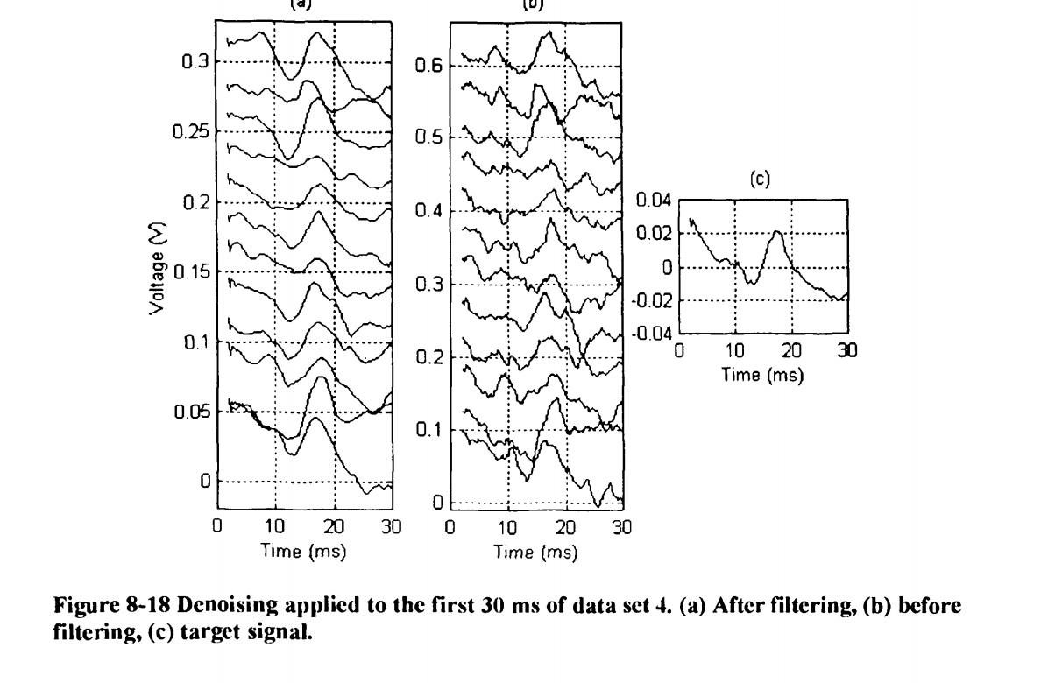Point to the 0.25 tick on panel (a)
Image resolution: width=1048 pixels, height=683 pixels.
(x=188, y=131)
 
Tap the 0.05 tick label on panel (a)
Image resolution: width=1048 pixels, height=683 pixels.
(x=188, y=412)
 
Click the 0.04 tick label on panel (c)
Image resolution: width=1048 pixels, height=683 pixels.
(x=653, y=201)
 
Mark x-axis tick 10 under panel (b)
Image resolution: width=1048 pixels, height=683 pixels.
(x=507, y=528)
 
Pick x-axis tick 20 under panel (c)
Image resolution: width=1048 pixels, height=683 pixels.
(x=792, y=352)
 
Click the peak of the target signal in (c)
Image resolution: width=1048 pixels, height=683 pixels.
(x=777, y=231)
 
